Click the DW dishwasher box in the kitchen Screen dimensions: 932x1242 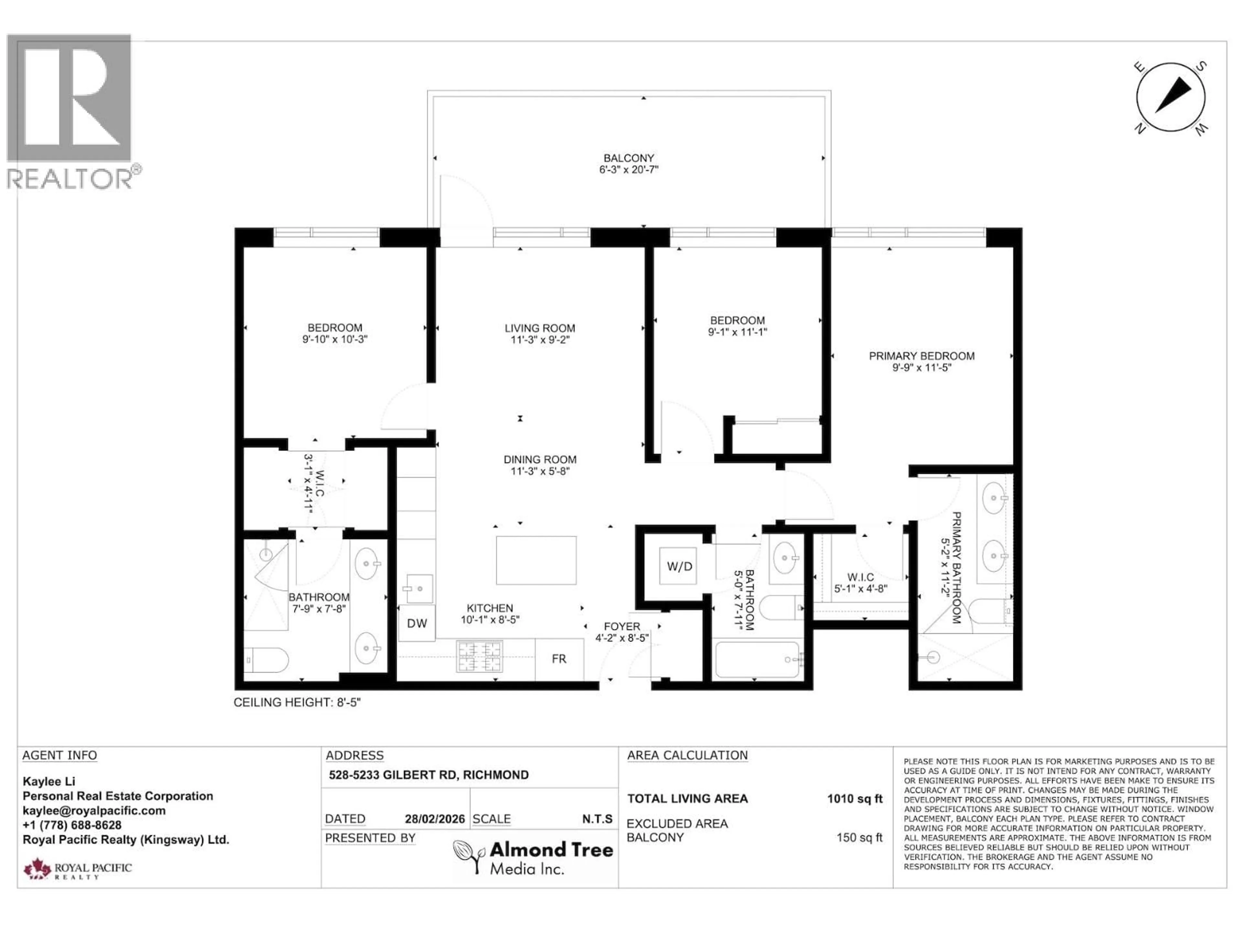[417, 623]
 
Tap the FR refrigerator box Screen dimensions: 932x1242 [559, 659]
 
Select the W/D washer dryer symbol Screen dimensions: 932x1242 [679, 566]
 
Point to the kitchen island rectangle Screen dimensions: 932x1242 [536, 560]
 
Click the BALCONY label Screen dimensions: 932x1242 [629, 159]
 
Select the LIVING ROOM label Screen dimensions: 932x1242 [539, 328]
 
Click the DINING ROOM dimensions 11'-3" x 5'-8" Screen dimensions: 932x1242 [539, 471]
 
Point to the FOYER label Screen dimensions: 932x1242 [622, 626]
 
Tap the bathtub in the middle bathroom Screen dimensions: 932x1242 [757, 660]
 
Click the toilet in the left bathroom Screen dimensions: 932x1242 [267, 660]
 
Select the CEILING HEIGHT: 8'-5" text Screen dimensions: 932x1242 [297, 702]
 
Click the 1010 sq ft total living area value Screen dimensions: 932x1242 [855, 799]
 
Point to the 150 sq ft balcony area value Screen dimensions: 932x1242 [859, 838]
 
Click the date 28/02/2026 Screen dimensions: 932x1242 [435, 819]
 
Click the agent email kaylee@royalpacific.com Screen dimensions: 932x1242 [94, 811]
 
